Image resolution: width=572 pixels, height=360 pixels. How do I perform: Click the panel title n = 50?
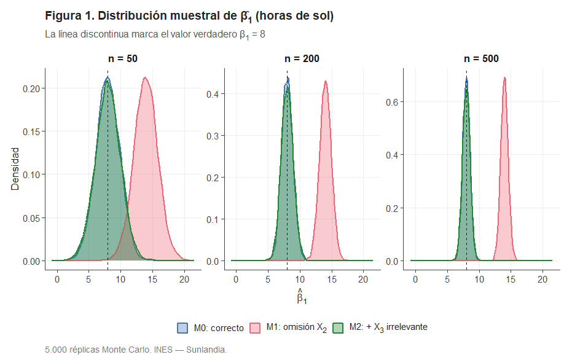(123, 59)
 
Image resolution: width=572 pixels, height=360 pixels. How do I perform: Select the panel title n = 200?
(302, 59)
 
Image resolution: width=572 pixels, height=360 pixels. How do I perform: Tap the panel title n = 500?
(481, 59)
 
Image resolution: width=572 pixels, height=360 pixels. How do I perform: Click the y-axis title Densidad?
(15, 168)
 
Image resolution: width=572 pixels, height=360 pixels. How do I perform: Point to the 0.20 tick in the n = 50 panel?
(32, 88)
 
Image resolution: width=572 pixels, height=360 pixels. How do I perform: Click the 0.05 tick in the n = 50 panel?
(32, 218)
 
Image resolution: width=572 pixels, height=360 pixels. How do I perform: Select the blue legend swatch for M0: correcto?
(182, 327)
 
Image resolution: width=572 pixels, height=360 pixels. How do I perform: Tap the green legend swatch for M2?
(337, 327)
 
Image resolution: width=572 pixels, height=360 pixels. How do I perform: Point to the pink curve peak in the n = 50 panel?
(145, 77)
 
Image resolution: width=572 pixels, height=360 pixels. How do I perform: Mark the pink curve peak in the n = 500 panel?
(504, 77)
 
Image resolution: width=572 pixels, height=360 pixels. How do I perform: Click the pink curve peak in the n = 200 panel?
(325, 81)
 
